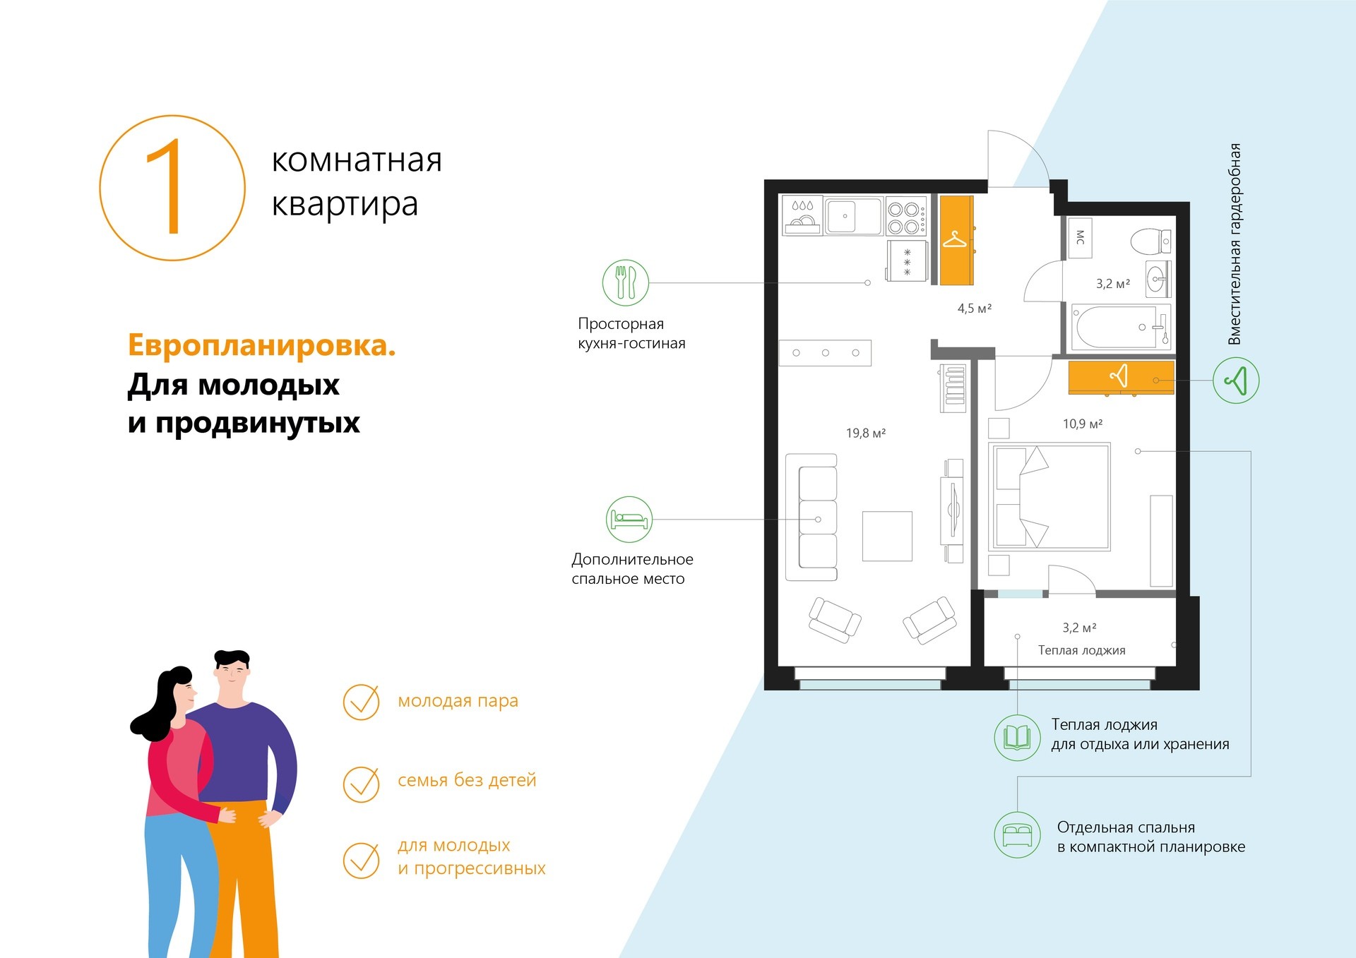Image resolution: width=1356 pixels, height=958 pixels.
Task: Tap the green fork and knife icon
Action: coord(626,282)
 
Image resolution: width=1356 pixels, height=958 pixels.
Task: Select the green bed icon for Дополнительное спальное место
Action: coord(629,520)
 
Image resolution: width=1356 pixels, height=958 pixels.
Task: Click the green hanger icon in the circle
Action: coord(1236,381)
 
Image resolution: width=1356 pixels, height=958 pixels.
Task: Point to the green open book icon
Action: coord(1017,738)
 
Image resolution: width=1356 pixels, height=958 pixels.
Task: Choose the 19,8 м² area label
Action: coord(866,433)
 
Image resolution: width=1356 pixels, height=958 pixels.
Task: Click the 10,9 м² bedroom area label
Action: coord(1083,424)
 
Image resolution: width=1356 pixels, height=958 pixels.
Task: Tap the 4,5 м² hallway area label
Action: coord(975,309)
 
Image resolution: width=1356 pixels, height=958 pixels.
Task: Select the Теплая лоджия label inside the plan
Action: coord(1081,650)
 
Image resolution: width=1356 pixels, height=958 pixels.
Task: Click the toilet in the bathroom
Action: coord(1150,241)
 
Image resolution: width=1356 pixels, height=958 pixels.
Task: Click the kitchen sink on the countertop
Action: coord(853,215)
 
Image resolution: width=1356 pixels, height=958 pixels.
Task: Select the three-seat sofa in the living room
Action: coord(812,517)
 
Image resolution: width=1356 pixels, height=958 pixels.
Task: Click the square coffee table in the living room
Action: coord(887,536)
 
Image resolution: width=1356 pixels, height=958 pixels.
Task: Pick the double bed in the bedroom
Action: coord(1050,496)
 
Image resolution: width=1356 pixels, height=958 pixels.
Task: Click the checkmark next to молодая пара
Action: coord(362,702)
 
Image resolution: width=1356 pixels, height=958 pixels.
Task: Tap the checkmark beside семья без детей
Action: coord(362,784)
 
